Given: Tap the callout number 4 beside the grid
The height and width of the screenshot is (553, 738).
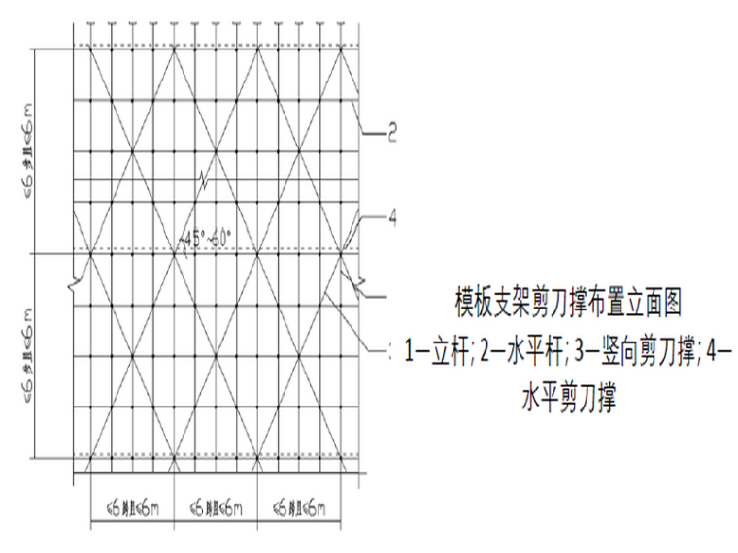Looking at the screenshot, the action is click(x=392, y=217).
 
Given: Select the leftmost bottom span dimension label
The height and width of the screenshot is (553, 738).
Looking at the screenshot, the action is click(x=132, y=507).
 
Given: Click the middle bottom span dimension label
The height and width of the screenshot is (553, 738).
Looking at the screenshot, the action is click(x=216, y=507).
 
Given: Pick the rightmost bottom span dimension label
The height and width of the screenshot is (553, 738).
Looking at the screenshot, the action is click(x=300, y=507).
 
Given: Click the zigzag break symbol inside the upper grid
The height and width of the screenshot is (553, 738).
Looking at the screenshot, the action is click(x=202, y=179).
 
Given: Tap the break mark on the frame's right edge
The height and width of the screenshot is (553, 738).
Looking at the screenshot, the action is click(x=361, y=287).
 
